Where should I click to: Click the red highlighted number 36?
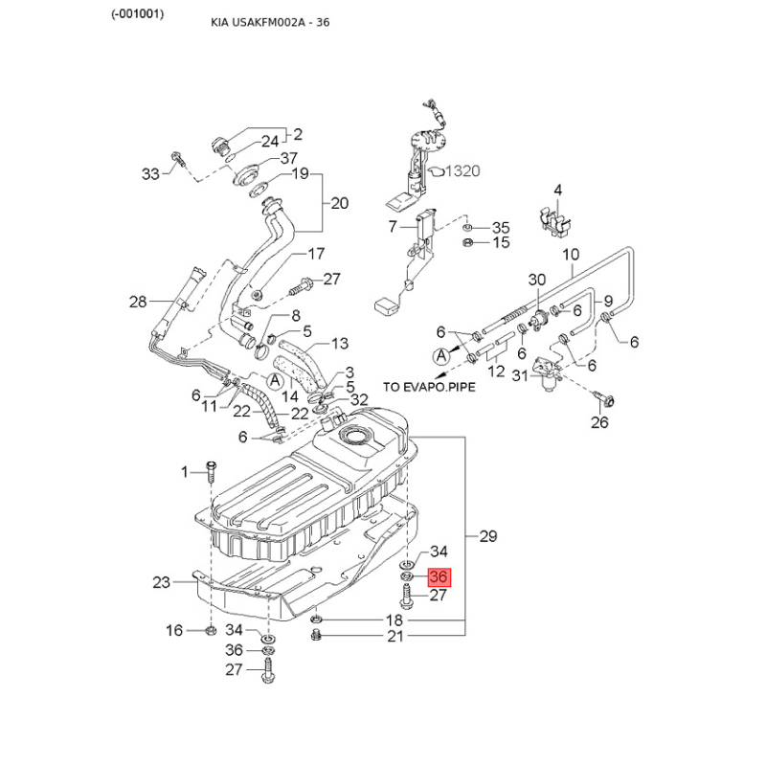click(x=439, y=577)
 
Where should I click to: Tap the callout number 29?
click(x=487, y=536)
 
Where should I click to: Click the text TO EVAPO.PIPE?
click(x=429, y=387)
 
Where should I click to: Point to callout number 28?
click(x=140, y=303)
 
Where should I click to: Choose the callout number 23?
click(x=160, y=582)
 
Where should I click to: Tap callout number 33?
click(x=150, y=173)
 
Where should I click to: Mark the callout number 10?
click(x=571, y=255)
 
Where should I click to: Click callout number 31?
click(x=519, y=375)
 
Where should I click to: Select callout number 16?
click(x=174, y=630)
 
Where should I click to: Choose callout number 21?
click(x=394, y=637)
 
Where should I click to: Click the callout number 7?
click(x=392, y=227)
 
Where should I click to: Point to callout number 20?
click(x=340, y=203)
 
